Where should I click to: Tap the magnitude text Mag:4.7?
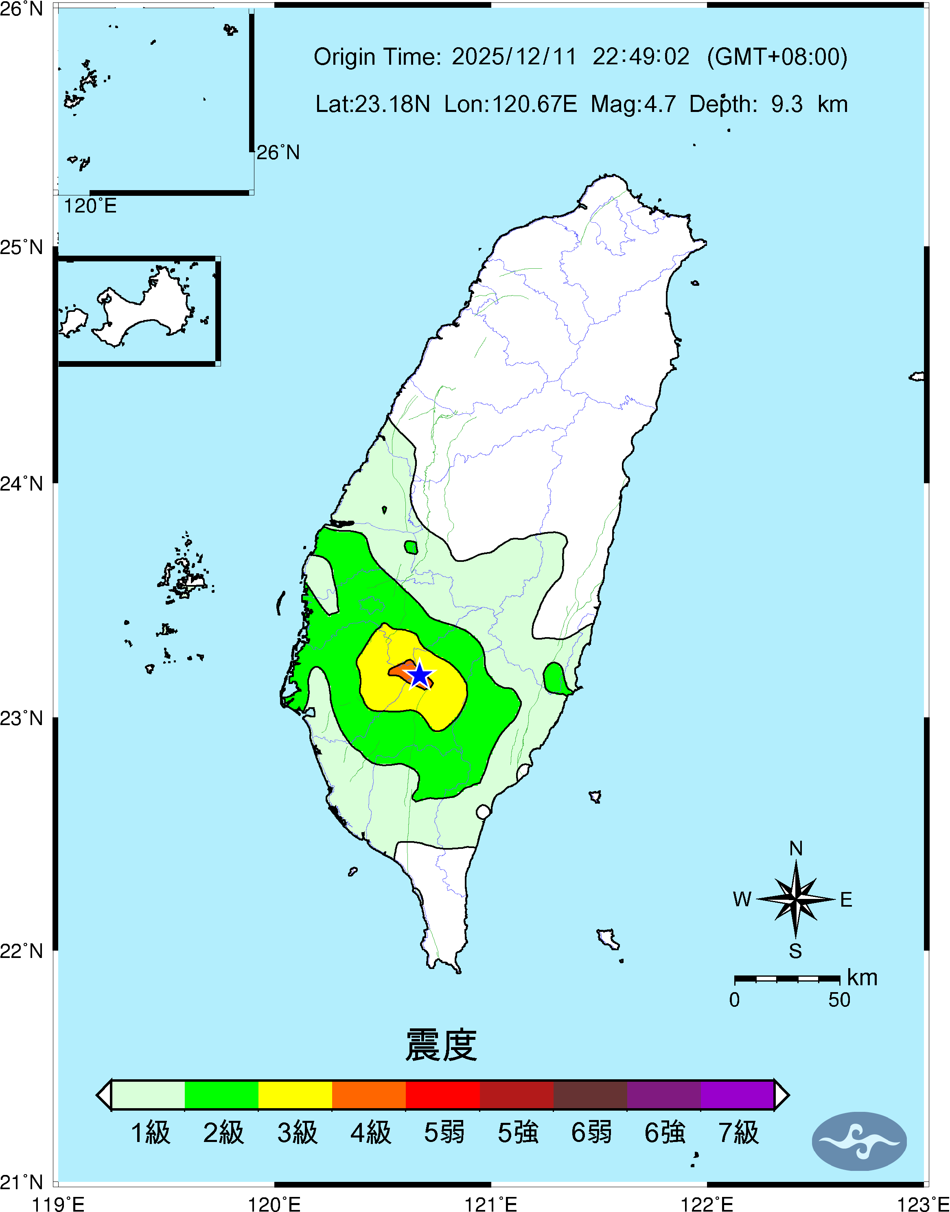pos(633,104)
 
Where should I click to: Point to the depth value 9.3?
pos(786,104)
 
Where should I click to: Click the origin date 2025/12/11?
pos(514,57)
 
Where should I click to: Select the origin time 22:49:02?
pos(641,57)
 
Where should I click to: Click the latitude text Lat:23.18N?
pos(373,104)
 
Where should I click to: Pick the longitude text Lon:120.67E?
pos(510,104)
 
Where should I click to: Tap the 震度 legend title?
pos(441,1045)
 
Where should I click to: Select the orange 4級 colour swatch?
pos(369,1095)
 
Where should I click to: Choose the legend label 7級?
pos(738,1133)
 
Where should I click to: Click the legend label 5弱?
pos(444,1133)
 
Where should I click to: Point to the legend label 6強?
pos(664,1133)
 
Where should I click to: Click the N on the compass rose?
pos(795,848)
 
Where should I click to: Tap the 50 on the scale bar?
pos(839,999)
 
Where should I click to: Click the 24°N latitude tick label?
pos(21,483)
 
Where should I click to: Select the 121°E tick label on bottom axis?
pos(490,1204)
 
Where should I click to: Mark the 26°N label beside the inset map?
pos(278,152)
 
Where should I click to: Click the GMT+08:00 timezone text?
pos(777,57)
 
